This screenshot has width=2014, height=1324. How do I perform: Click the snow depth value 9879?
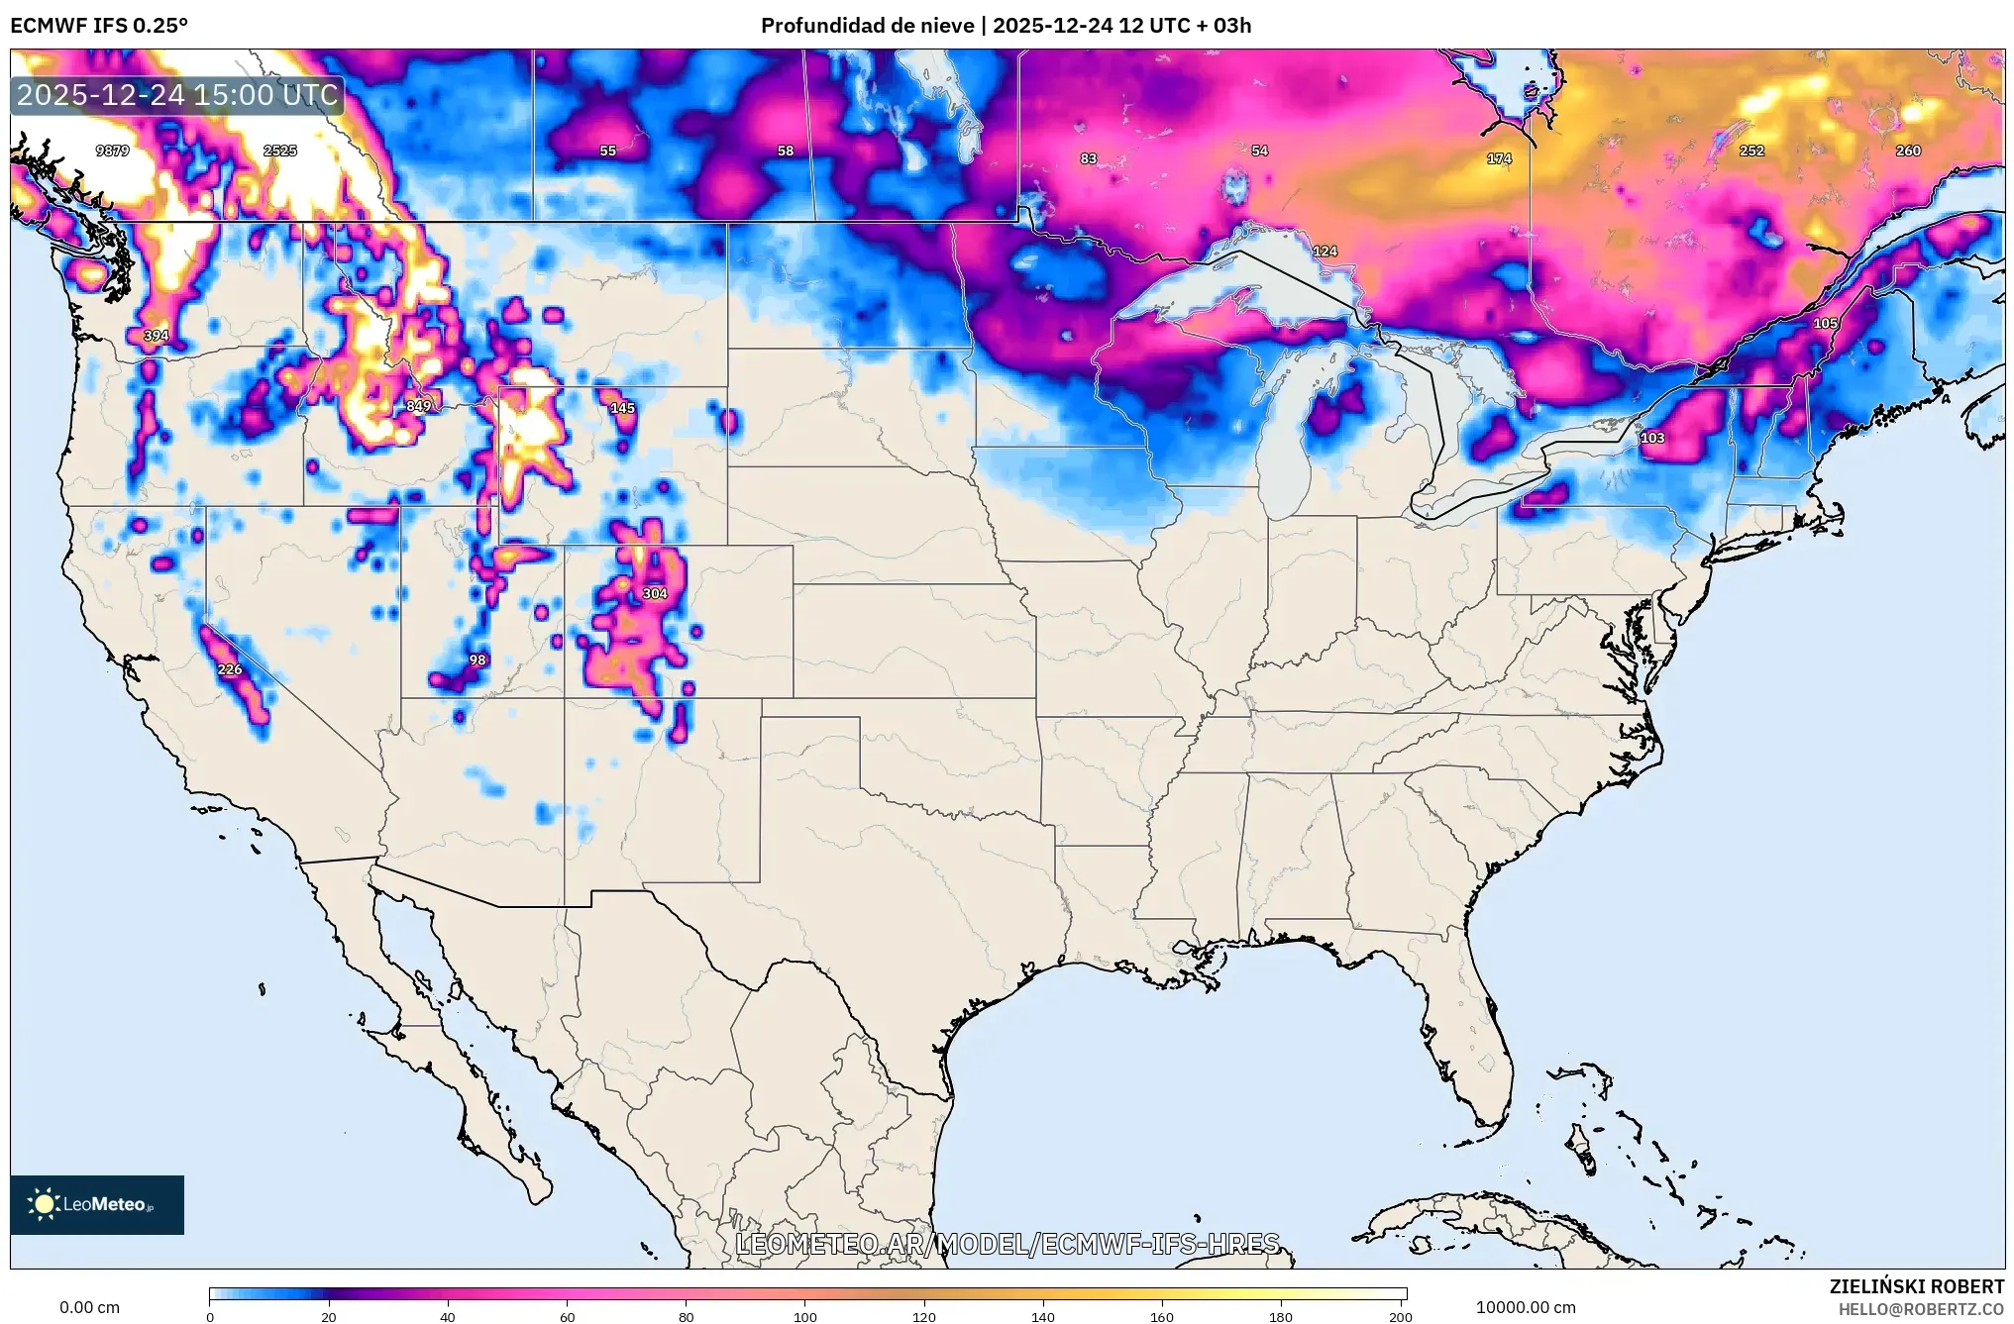(x=112, y=151)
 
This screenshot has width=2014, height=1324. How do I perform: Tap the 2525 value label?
(x=280, y=151)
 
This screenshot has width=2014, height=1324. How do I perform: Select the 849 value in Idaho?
(x=418, y=406)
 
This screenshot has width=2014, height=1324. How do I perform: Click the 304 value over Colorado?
(x=655, y=593)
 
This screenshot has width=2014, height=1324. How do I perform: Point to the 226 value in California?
(x=230, y=669)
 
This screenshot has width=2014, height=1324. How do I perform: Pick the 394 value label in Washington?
(x=157, y=336)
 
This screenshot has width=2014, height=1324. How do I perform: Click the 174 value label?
(x=1499, y=158)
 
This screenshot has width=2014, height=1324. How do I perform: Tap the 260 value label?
(x=1908, y=151)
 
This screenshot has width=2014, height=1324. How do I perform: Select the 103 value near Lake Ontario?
(x=1652, y=438)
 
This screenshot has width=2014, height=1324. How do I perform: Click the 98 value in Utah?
(x=477, y=660)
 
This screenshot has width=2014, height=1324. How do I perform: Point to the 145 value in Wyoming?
(x=622, y=408)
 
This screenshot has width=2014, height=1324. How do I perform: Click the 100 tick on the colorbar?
(x=805, y=1316)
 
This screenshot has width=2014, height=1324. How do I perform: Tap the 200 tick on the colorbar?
(x=1400, y=1316)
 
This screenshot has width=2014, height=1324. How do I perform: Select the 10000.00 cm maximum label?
(x=1525, y=1307)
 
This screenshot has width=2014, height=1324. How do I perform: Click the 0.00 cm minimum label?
(x=89, y=1307)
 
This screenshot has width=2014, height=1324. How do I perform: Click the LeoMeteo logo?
(x=97, y=1204)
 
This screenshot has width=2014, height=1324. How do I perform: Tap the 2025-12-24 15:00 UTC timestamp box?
(x=177, y=95)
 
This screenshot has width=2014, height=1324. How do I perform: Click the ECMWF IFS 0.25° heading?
(x=99, y=25)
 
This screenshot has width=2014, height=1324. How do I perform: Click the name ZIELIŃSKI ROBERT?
(x=1916, y=1286)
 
